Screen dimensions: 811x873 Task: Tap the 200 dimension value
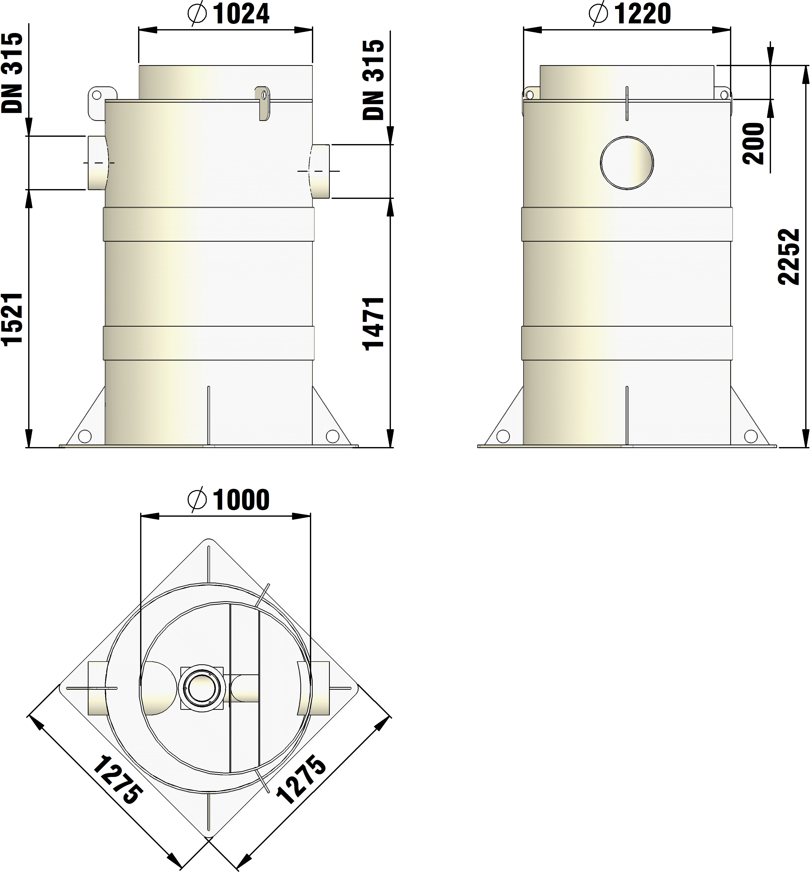(753, 144)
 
